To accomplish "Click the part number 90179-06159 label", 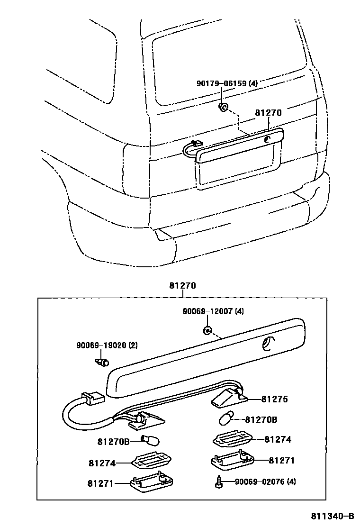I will tap(227, 83).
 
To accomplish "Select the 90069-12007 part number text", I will tap(213, 311).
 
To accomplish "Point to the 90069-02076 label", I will tap(266, 482).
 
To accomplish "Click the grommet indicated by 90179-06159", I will tap(223, 107).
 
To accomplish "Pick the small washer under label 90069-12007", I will tap(207, 329).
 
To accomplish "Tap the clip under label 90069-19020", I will tap(102, 363).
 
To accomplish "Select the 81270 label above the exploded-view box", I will tap(182, 286).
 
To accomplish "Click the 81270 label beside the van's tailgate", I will tap(268, 113).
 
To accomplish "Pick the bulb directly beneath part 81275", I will tap(227, 419).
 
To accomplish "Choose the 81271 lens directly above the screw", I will tap(232, 460).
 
